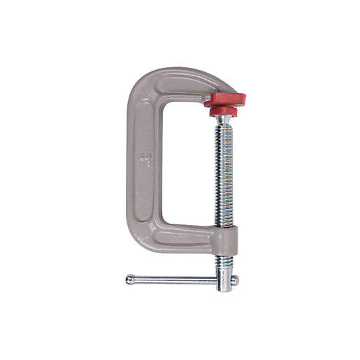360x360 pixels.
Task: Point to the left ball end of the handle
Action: point(130,280)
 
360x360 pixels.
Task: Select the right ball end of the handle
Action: point(235,280)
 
